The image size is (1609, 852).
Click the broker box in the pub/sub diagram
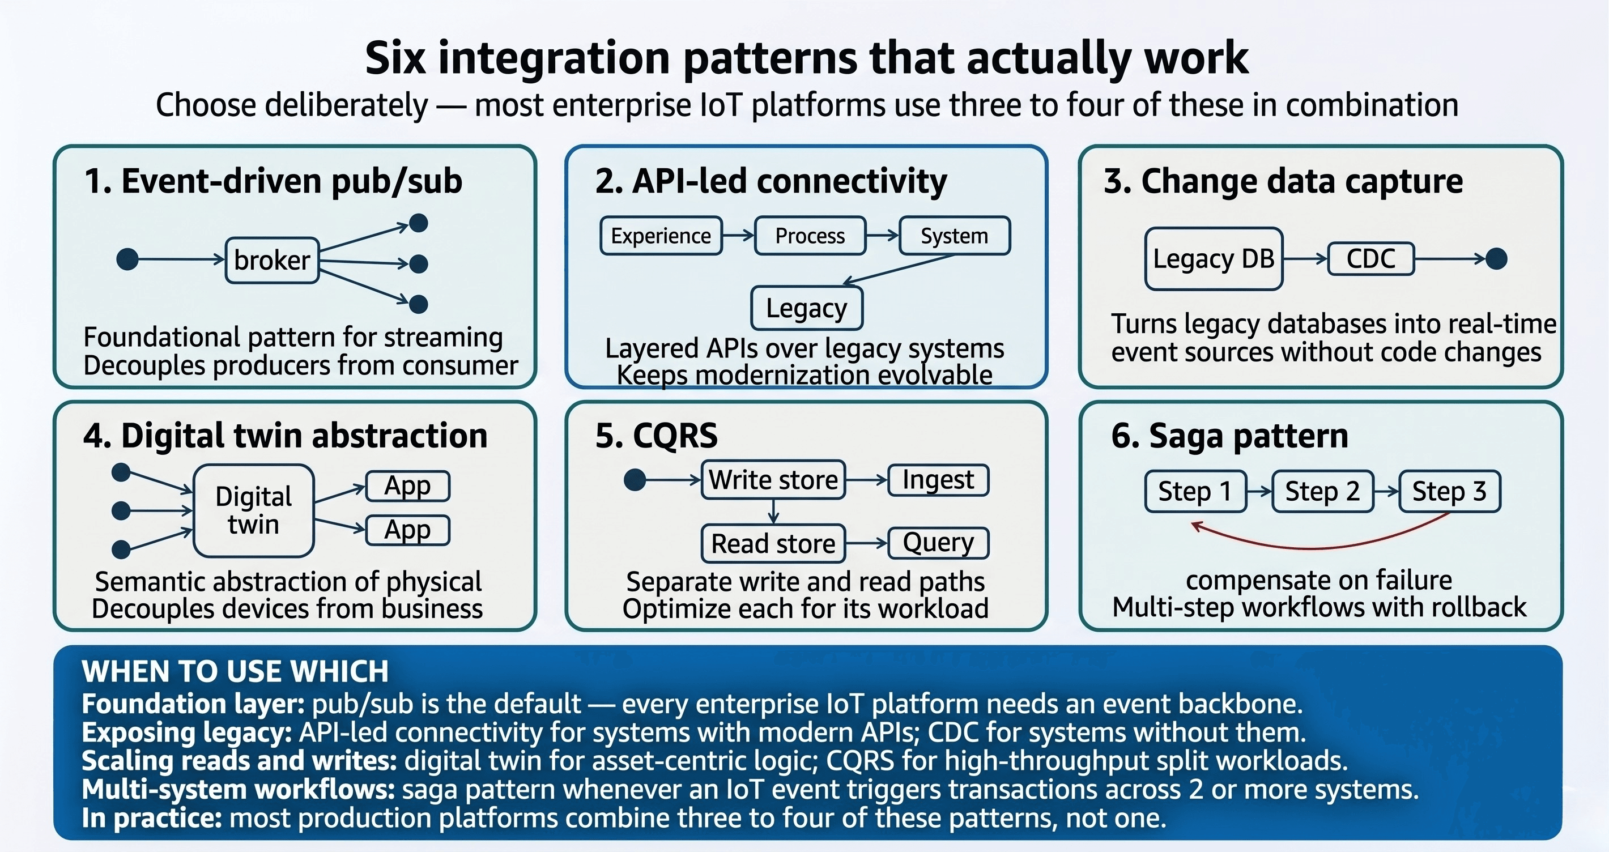click(x=272, y=260)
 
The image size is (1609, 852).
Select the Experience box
click(x=661, y=236)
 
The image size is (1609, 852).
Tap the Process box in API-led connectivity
click(x=810, y=236)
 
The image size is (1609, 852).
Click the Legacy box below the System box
click(x=806, y=308)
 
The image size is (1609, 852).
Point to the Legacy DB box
click(x=1213, y=258)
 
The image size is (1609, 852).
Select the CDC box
click(x=1370, y=258)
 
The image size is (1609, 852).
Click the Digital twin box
click(x=254, y=510)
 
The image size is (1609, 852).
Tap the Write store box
click(x=773, y=480)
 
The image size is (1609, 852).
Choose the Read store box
click(x=773, y=543)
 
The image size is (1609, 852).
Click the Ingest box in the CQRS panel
click(x=938, y=480)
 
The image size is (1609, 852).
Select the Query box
click(x=938, y=543)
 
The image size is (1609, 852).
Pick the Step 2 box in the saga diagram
click(x=1322, y=492)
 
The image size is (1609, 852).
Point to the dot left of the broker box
click(x=127, y=258)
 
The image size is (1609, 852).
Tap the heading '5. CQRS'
click(x=656, y=436)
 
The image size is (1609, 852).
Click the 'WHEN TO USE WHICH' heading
click(x=235, y=671)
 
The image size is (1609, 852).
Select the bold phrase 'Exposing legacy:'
click(x=187, y=732)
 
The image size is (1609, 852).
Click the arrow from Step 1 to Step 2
click(x=1259, y=492)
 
